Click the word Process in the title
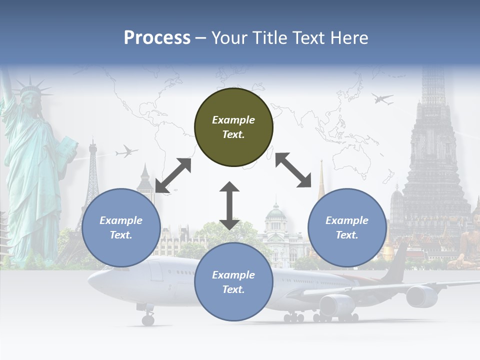pos(157,38)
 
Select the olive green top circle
pos(233,127)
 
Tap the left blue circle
pos(121,227)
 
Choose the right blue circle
pos(346,227)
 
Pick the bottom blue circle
pos(233,281)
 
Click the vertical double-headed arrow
pos(229,205)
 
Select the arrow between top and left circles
pos(173,175)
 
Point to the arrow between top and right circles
pos(293,170)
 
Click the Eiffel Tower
pos(92,180)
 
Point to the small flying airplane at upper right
pos(382,99)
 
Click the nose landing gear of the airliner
pos(147,318)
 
